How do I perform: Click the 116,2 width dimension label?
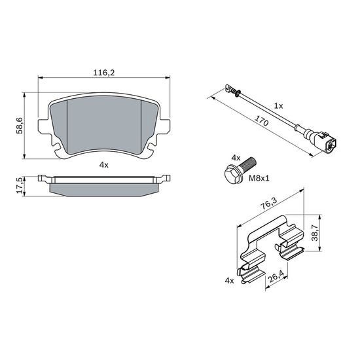point(104,73)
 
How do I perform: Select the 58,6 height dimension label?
point(19,126)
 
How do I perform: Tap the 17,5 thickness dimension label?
point(20,185)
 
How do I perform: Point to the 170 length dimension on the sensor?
point(262,121)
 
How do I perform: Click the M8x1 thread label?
point(259,178)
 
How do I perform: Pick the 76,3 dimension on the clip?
point(268,203)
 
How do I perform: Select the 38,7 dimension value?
point(315,233)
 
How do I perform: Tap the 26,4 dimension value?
point(276,276)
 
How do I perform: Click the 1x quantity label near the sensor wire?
point(279,106)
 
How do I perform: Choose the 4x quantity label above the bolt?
point(236,158)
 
